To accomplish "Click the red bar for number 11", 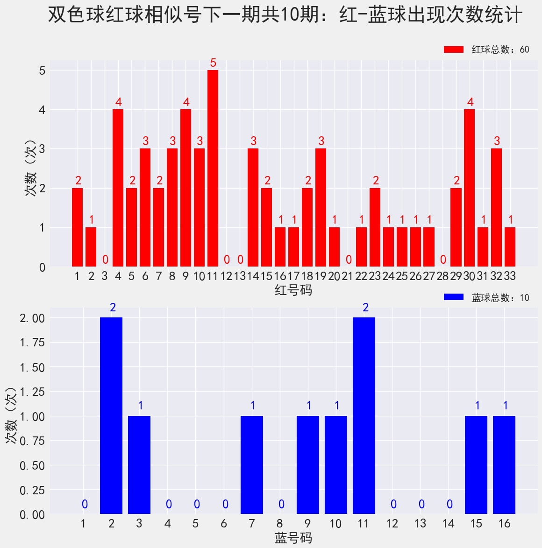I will tap(213, 168).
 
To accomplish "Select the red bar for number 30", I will tap(469, 188).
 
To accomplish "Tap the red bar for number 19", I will tap(321, 207).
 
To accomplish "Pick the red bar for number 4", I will tap(118, 188).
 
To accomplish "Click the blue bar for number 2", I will tap(111, 415).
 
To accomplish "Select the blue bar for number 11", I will tap(364, 415).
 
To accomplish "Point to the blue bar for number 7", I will tap(251, 465).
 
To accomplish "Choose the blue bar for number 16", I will tap(504, 465).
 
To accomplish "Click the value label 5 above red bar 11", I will tap(213, 63).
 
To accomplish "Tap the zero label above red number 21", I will tap(348, 260).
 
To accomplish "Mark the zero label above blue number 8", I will tap(281, 504).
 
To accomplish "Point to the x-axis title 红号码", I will tap(293, 290).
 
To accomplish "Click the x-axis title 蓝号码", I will tap(293, 538).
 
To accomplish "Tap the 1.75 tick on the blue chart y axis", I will tap(32, 343).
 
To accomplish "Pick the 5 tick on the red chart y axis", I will tap(42, 70).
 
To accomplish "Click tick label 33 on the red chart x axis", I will tap(510, 276).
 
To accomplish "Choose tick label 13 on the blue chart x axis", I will tap(420, 523).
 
